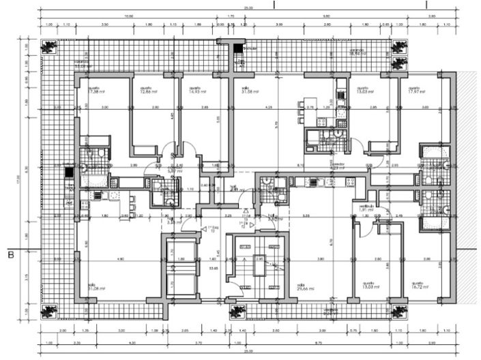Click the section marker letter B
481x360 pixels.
click(10, 256)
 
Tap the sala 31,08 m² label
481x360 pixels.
click(94, 287)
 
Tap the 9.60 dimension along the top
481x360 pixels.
click(327, 16)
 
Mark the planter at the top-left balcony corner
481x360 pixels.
click(49, 47)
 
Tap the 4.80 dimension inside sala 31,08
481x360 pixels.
click(120, 260)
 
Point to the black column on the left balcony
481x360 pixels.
click(68, 172)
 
